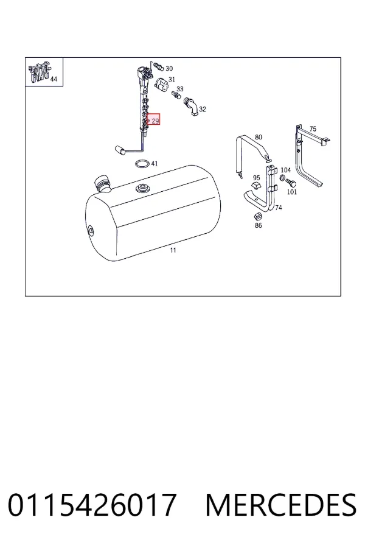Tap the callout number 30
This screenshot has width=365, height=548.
point(169,68)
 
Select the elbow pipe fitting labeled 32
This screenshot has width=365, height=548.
point(190,105)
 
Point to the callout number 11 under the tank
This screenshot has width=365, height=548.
point(173,250)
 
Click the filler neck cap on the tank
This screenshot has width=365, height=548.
point(102,183)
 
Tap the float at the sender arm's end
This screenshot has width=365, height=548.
point(120,150)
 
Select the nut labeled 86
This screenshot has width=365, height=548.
point(258,216)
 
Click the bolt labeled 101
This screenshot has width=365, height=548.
point(291,183)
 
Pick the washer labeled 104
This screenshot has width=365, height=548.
point(282,178)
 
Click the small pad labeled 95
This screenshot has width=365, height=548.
point(256,185)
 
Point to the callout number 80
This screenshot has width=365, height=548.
point(259,137)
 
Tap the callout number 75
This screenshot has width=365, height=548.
point(313,129)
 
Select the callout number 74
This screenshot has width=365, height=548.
point(279,208)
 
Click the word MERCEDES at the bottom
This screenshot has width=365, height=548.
point(281,505)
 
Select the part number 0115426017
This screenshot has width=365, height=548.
point(92,505)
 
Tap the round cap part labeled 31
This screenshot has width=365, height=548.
point(161,85)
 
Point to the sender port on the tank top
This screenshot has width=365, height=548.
point(142,189)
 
